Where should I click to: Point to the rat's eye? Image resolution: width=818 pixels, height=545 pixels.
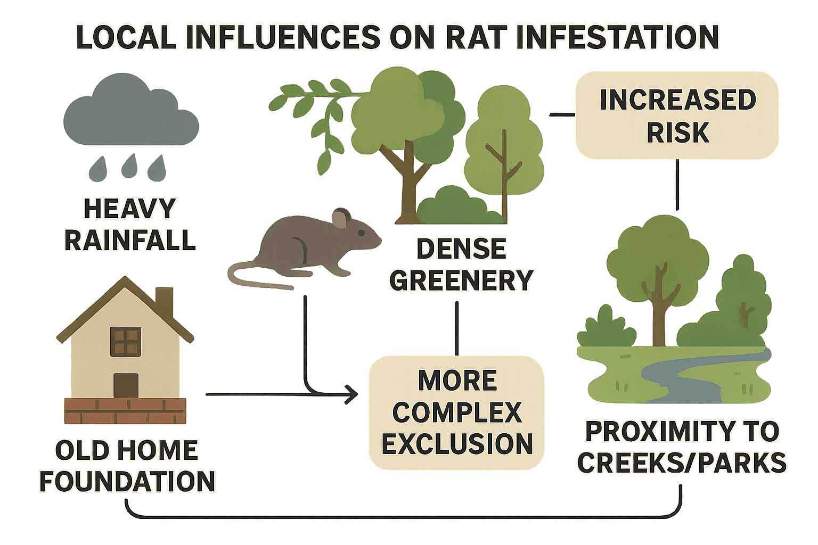point(361,233)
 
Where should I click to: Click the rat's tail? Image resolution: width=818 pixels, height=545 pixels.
point(250,277)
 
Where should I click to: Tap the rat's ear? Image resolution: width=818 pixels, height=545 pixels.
point(340,218)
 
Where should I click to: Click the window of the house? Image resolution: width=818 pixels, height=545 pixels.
point(126,341)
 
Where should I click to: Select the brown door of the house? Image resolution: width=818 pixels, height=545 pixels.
point(126,385)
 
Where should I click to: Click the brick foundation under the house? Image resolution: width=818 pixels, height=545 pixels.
point(126,410)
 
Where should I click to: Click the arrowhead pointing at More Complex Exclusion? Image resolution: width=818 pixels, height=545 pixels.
point(351,394)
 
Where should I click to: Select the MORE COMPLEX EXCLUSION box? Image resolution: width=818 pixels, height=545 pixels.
point(457,412)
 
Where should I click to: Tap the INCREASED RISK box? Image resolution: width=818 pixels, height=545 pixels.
point(677,115)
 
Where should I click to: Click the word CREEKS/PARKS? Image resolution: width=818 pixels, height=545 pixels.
point(682,463)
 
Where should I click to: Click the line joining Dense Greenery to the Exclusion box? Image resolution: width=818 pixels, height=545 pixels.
point(456,327)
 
